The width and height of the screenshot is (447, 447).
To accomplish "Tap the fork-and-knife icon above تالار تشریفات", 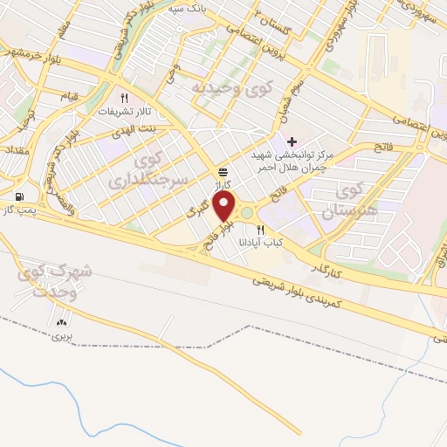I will pyautogui.click(x=124, y=98).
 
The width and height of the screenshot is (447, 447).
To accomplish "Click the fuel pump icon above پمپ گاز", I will pyautogui.click(x=19, y=196).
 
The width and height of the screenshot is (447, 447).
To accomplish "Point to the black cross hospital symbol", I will pyautogui.click(x=292, y=141).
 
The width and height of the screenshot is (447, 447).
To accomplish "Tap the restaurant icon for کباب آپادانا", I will pyautogui.click(x=260, y=229).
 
